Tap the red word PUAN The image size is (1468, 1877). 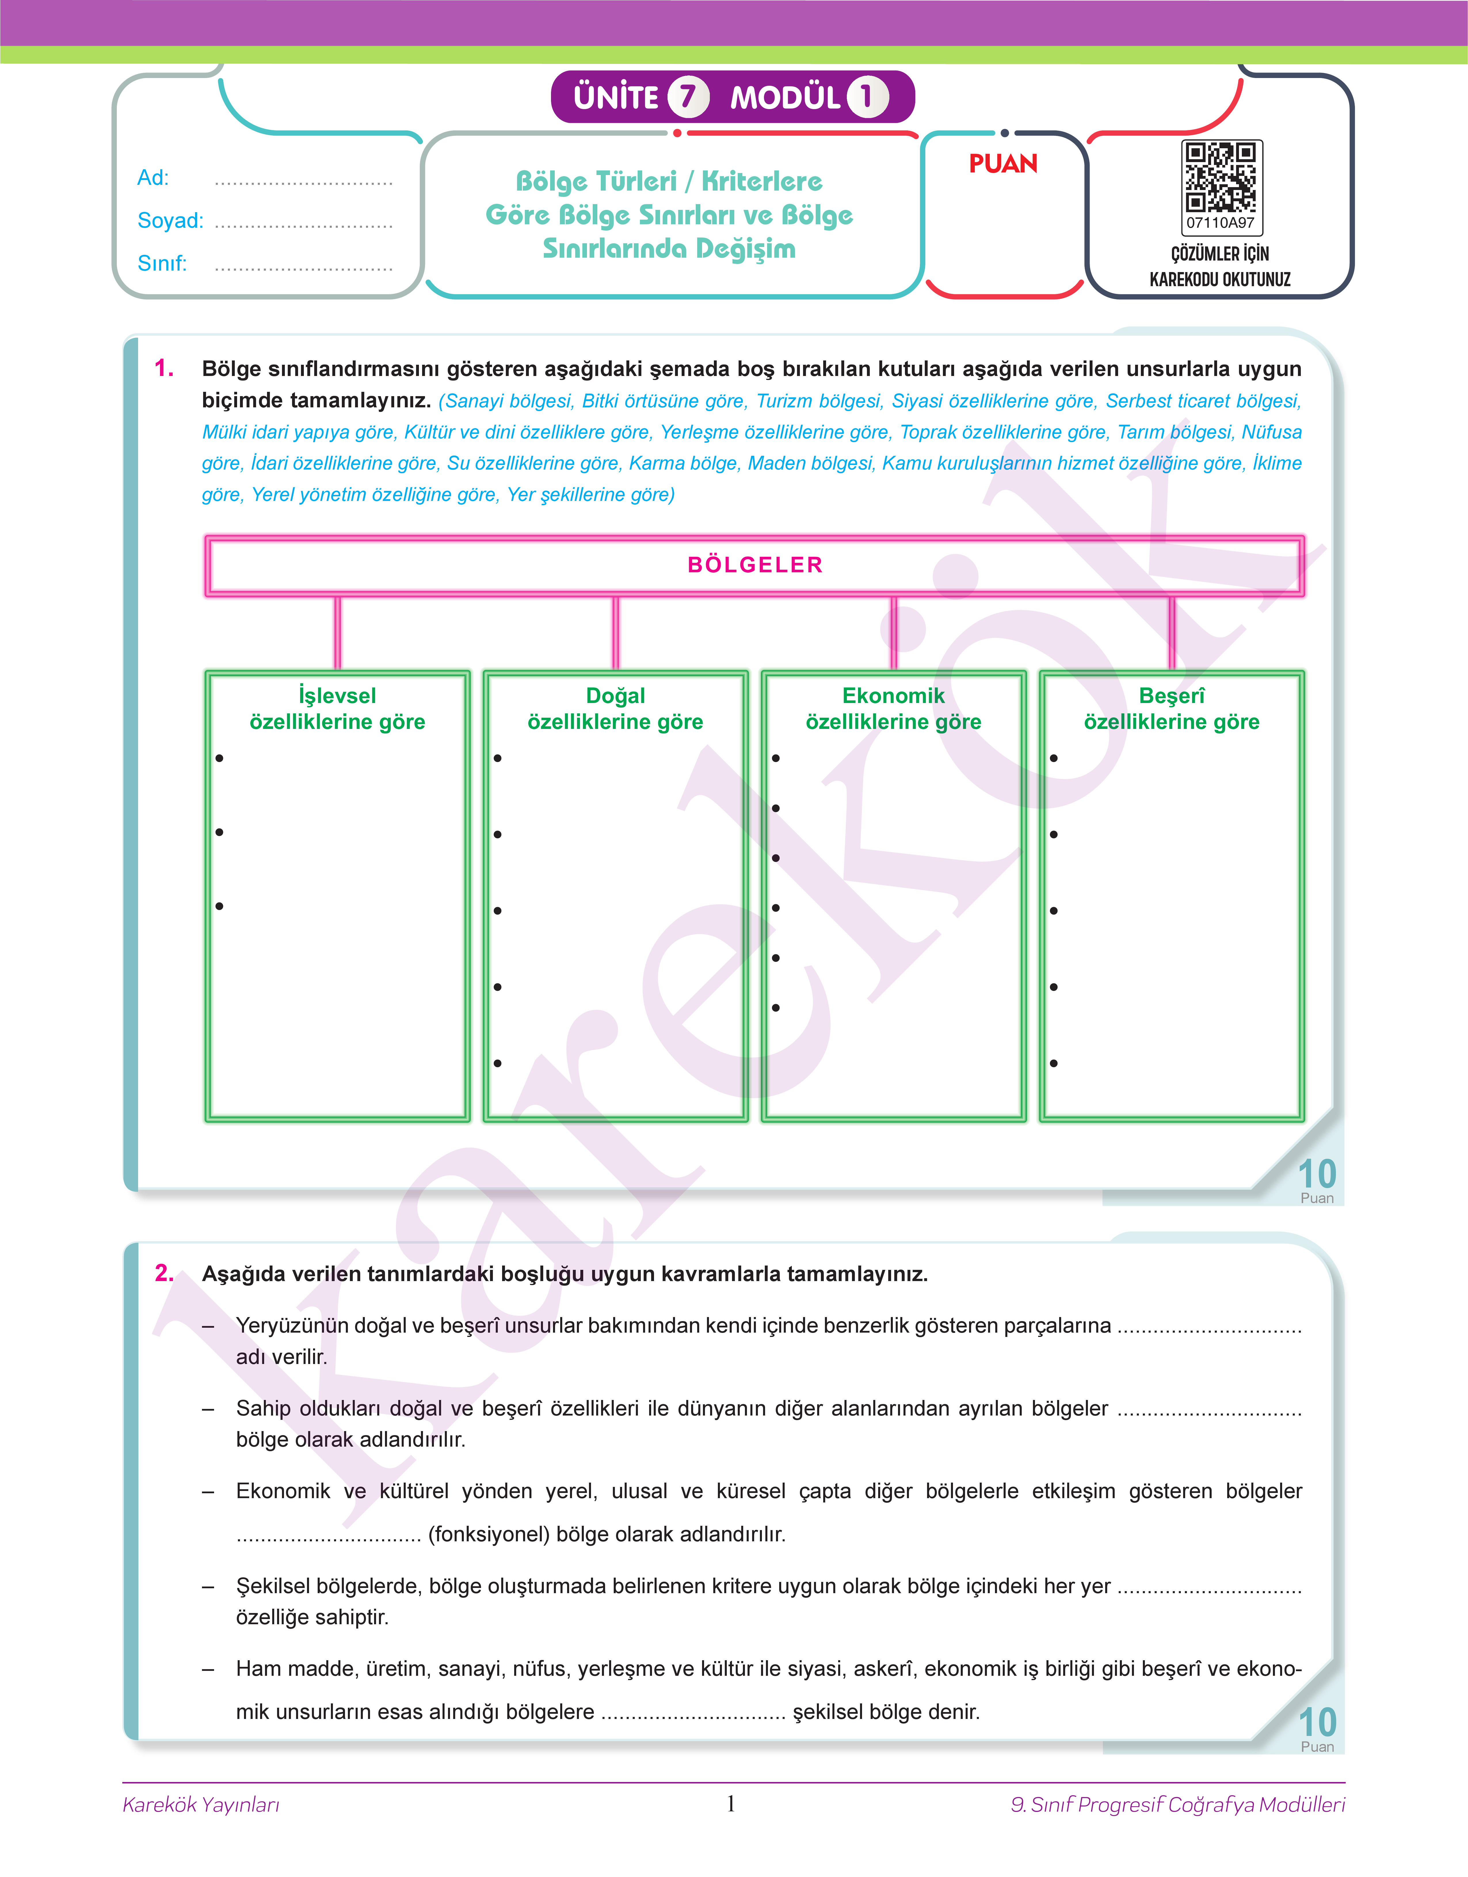click(x=1003, y=163)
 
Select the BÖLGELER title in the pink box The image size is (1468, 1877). click(x=755, y=565)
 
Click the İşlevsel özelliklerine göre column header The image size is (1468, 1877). click(x=337, y=708)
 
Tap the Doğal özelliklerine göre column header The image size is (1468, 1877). click(x=615, y=708)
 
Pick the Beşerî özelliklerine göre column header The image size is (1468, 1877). click(x=1171, y=708)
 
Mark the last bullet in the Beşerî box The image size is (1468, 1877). click(x=1054, y=1064)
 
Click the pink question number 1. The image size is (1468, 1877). click(x=164, y=369)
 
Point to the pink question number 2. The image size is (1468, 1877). click(x=164, y=1273)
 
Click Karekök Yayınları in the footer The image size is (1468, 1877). click(x=201, y=1805)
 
